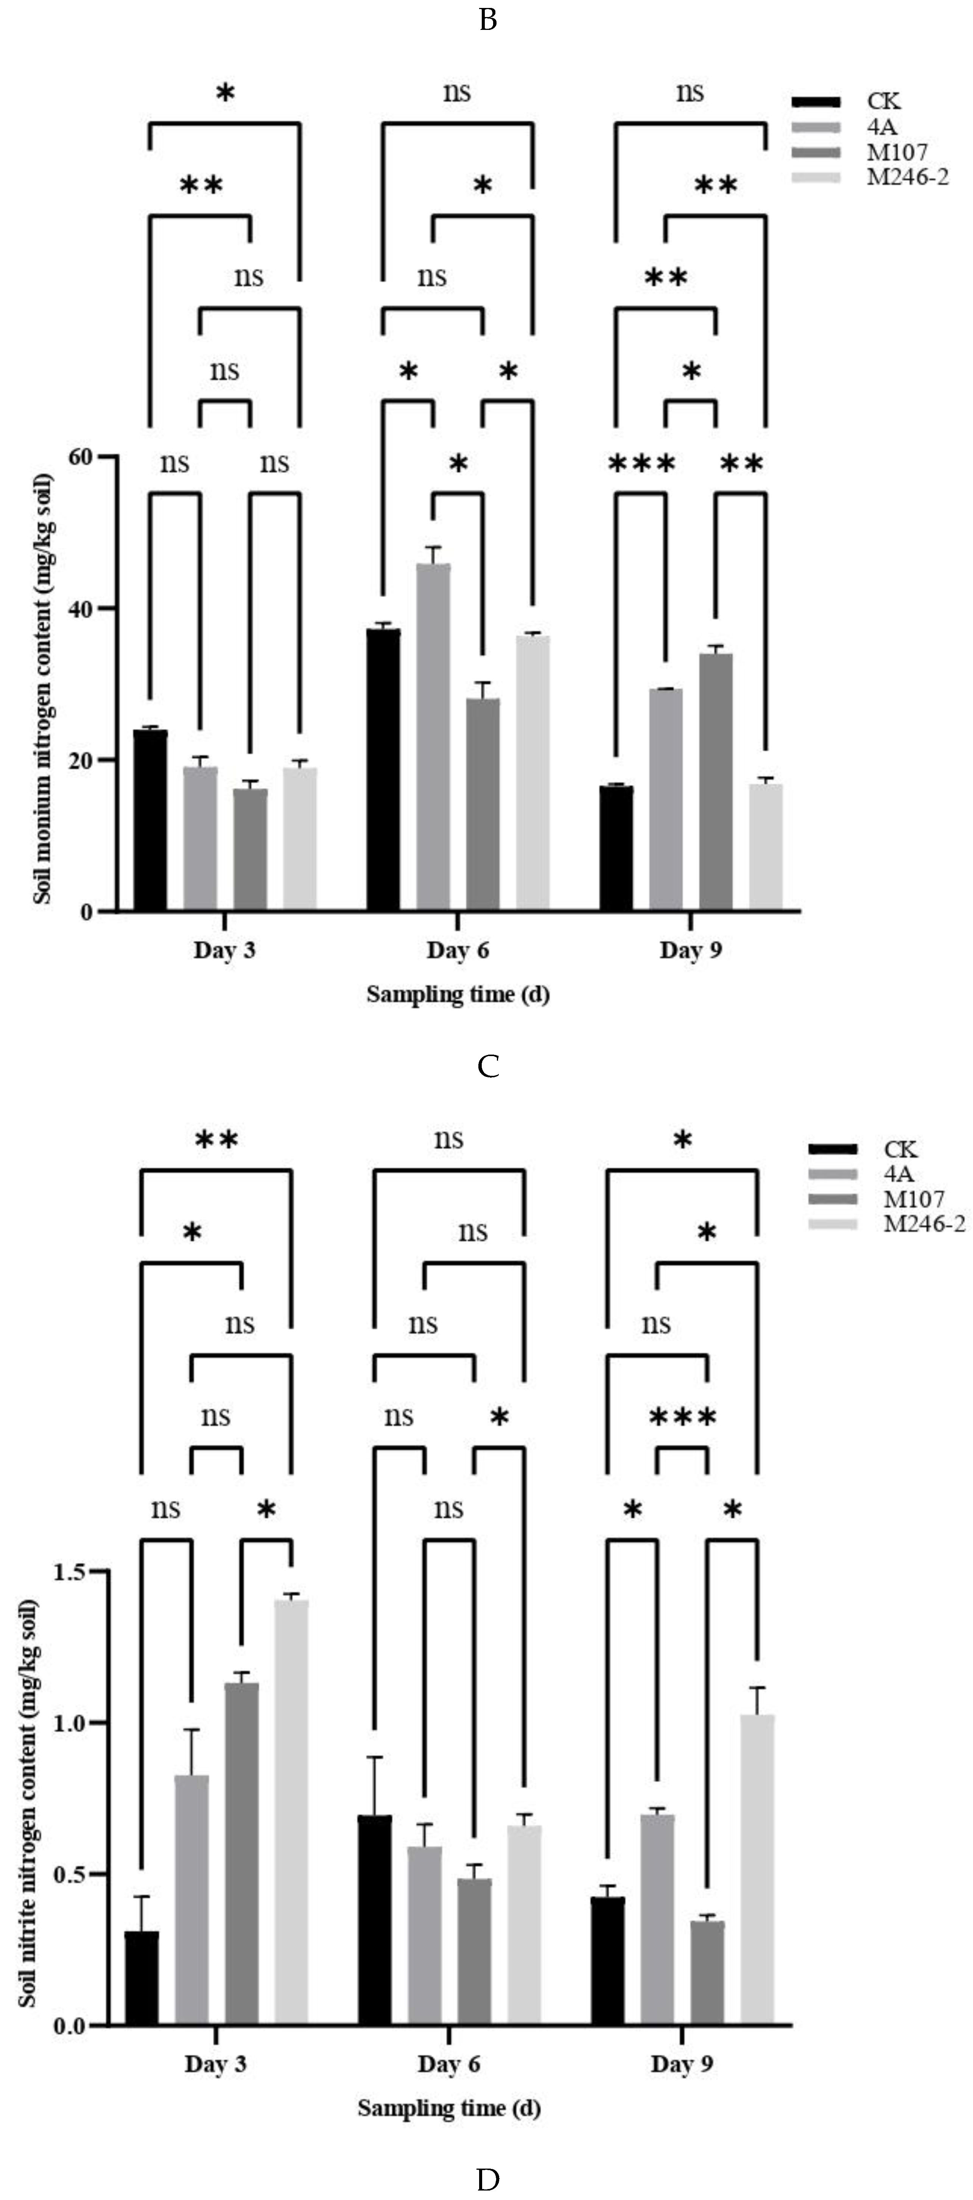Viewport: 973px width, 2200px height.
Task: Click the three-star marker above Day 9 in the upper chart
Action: tap(641, 465)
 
